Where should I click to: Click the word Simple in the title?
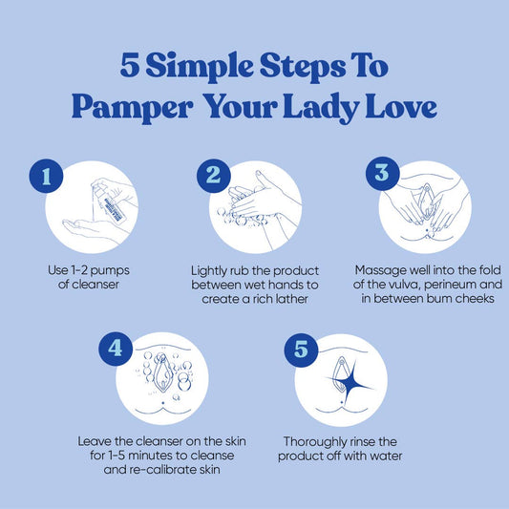pos(200,67)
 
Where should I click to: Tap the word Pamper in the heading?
pos(132,107)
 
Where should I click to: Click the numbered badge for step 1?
pos(46,176)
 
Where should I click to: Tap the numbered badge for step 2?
pos(214,176)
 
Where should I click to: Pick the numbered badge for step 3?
pos(382,174)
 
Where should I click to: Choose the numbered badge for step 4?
pos(116,349)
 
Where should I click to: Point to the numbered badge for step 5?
pos(301,350)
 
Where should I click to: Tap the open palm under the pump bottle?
pos(88,227)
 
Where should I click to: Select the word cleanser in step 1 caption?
pos(95,285)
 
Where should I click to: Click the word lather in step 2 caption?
pos(291,299)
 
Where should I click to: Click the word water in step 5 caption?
pos(386,456)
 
